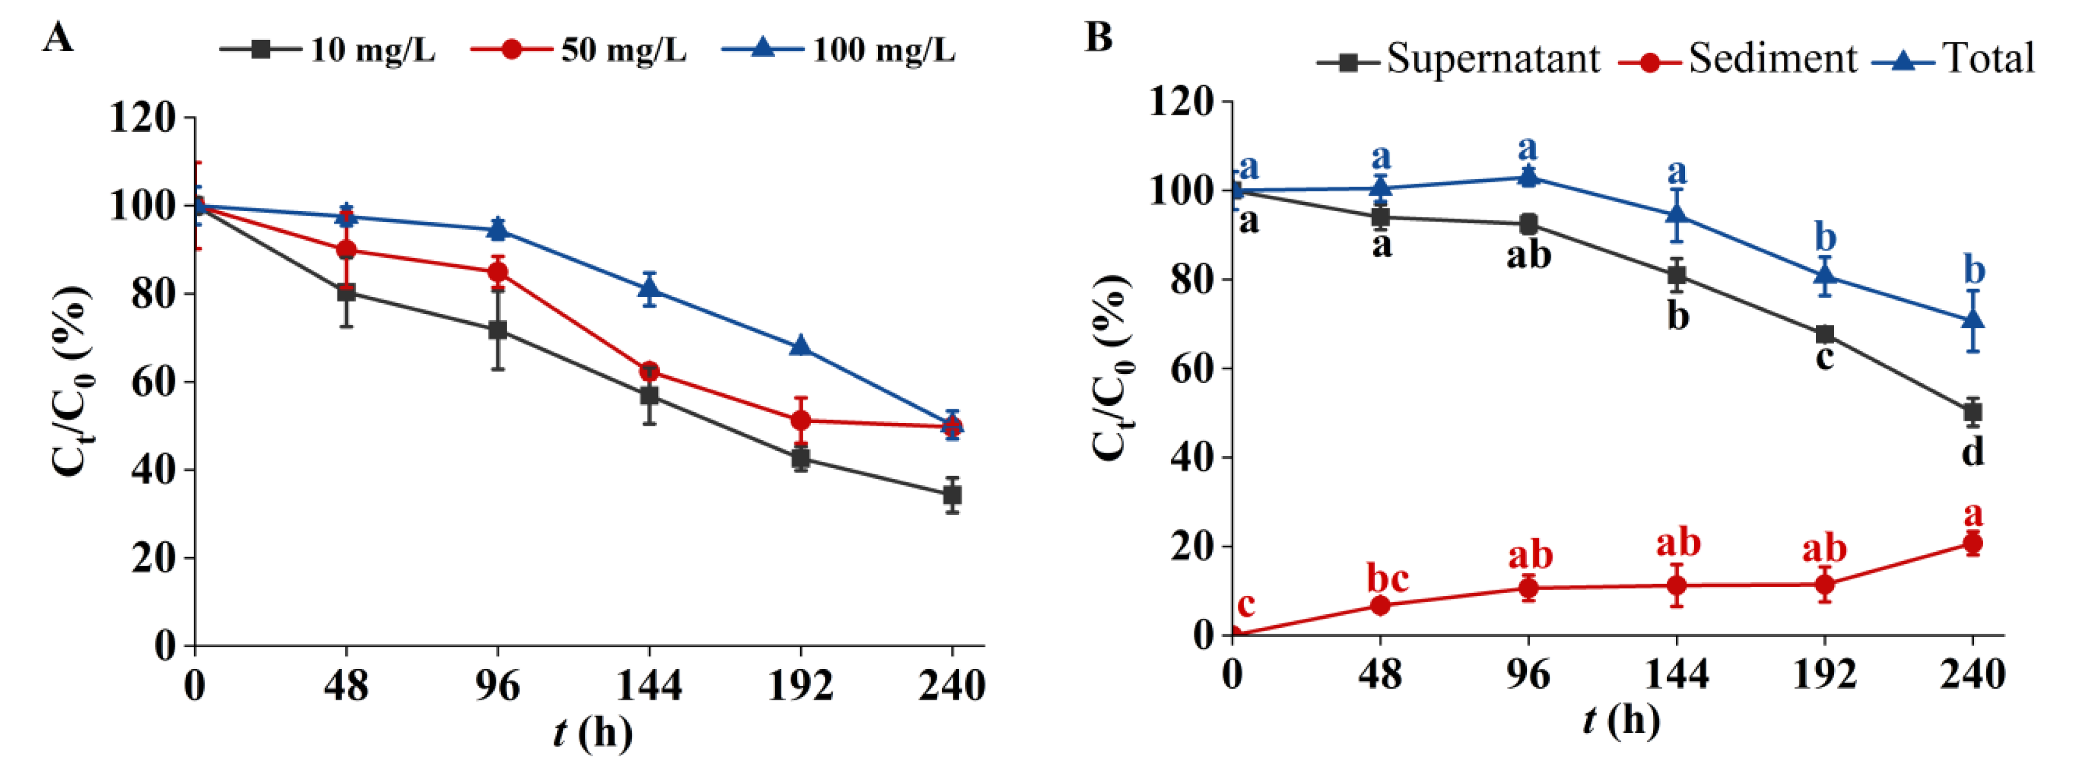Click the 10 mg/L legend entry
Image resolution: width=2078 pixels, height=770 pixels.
coord(329,51)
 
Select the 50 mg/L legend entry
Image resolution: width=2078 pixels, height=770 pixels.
coord(579,51)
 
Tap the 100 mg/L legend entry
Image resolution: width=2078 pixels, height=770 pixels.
coord(839,51)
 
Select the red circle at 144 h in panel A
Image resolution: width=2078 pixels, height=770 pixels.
coord(649,372)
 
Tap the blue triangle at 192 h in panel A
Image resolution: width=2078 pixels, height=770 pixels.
coord(800,346)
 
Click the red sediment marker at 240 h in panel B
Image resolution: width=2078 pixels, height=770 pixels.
coord(1972,543)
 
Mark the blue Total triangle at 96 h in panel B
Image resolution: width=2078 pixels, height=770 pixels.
coord(1528,176)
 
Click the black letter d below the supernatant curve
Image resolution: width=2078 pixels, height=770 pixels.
coord(1972,451)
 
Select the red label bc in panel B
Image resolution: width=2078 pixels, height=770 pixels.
coord(1387,579)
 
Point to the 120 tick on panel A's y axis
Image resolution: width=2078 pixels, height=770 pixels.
coord(142,118)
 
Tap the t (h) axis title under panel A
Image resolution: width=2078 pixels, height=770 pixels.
coord(593,733)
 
